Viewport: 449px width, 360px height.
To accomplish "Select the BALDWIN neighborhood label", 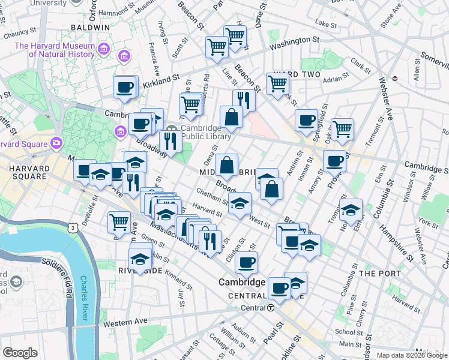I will click(x=90, y=28).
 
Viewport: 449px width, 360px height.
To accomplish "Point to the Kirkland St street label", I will click(x=161, y=81).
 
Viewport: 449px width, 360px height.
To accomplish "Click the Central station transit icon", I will click(x=271, y=308).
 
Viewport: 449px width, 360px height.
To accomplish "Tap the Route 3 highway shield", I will click(x=72, y=228).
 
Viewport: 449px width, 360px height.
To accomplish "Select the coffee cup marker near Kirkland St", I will click(x=125, y=87).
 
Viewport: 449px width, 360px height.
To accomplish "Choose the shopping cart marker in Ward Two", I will click(x=277, y=83).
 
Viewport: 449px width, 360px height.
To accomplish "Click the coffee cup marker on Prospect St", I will click(x=334, y=160).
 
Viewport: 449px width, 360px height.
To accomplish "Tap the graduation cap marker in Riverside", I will click(x=140, y=259).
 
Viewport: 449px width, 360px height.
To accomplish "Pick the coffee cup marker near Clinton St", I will click(x=246, y=262).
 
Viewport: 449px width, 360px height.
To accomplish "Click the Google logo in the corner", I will click(x=20, y=353).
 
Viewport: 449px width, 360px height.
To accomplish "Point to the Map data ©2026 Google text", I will click(x=411, y=355).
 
